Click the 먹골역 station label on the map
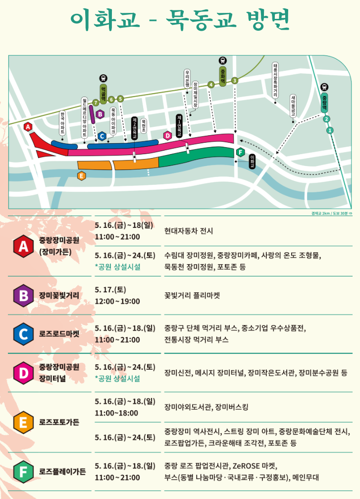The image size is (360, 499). coord(103,93)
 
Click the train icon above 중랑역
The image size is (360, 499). coord(324,86)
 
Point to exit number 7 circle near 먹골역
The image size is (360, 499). coord(96,102)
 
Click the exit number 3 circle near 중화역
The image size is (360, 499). coord(235,80)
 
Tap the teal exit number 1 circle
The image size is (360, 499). coord(330,130)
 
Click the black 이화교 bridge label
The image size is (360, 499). coord(253,161)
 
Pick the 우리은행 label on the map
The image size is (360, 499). coord(187,79)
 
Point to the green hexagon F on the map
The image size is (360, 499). coord(240,152)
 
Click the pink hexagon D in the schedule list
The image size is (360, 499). coord(23,373)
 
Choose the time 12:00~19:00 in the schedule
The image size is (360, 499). coord(117,301)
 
